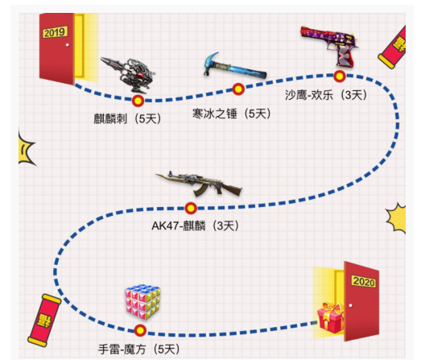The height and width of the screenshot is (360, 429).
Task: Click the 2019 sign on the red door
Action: coord(55,32)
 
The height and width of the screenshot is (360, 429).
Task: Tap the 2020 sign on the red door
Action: coord(364,281)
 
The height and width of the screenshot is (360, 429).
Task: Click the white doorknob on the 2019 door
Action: coord(68,44)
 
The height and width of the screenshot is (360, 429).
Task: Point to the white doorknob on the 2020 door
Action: coord(351,305)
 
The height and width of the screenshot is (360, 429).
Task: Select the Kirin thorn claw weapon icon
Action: coord(128,74)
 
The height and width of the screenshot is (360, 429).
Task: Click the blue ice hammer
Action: coord(235,66)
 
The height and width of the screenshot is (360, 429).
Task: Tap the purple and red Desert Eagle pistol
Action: coord(330,46)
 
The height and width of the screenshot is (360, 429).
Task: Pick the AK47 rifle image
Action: coord(199,184)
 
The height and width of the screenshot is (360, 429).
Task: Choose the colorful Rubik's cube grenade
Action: coord(142,303)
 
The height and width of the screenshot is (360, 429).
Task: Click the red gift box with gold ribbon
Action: coord(331,317)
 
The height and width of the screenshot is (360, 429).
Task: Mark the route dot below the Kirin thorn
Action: coord(138,101)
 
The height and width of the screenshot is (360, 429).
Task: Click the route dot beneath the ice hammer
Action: coord(238,89)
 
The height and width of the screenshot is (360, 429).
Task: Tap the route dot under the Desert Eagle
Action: coord(340,77)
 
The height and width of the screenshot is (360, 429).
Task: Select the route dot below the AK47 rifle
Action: coord(191,209)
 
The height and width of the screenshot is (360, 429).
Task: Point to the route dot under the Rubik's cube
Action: coord(140,330)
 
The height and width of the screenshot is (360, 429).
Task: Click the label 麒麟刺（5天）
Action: coord(127,119)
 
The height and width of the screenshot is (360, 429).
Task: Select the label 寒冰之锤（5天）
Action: coord(232,114)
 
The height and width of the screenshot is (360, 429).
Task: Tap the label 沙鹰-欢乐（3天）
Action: coord(326,95)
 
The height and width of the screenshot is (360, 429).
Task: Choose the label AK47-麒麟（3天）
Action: coord(196,226)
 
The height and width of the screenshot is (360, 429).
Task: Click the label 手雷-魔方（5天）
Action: coord(139,349)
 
